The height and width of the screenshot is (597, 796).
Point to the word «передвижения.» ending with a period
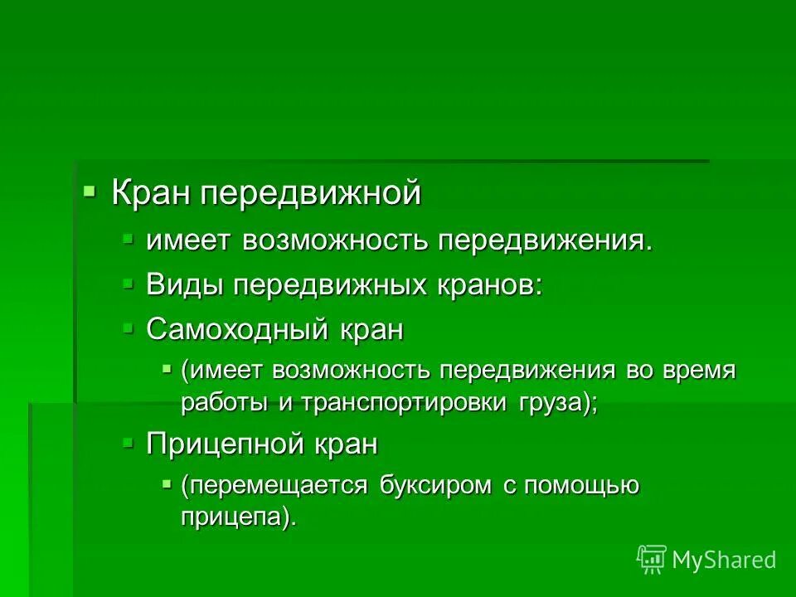coord(545,241)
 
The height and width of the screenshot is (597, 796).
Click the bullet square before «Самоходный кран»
coord(128,328)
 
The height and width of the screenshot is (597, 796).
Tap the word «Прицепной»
coord(227,444)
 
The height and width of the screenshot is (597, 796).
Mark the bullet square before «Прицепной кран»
coord(128,442)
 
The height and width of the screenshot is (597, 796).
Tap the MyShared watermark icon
coord(651,560)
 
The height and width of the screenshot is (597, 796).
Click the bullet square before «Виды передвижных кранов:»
coord(128,283)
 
